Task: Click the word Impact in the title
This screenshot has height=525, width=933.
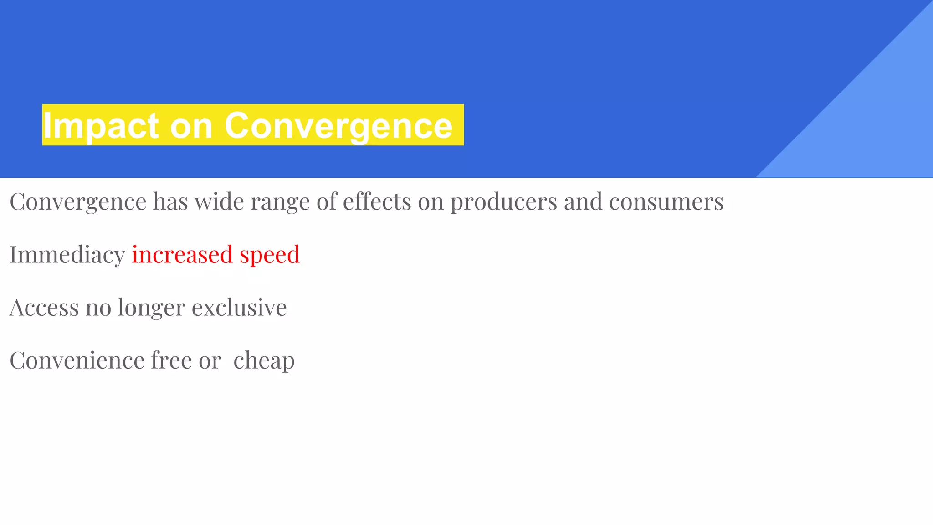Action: [x=101, y=126]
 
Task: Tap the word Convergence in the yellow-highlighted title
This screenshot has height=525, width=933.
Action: [x=338, y=126]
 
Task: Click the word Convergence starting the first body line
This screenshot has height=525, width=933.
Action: [x=78, y=201]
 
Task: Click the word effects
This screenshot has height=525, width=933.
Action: [x=377, y=201]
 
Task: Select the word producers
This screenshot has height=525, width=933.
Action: [x=503, y=201]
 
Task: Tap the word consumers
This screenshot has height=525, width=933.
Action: [x=666, y=201]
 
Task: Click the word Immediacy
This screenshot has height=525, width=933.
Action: [x=67, y=254]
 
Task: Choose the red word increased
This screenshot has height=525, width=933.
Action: [x=182, y=254]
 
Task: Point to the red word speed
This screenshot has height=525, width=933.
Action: [x=270, y=254]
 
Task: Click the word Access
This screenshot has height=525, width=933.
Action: [x=44, y=307]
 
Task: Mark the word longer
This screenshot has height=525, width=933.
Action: [x=151, y=308]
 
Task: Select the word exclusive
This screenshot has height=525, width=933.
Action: [x=239, y=307]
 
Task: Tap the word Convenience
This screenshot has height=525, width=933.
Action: [x=77, y=360]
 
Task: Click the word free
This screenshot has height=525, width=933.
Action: [x=171, y=360]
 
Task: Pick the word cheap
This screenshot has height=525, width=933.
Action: [x=264, y=361]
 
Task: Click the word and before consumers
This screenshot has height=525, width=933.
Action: [x=583, y=201]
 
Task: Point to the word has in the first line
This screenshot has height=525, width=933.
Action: [x=170, y=201]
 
